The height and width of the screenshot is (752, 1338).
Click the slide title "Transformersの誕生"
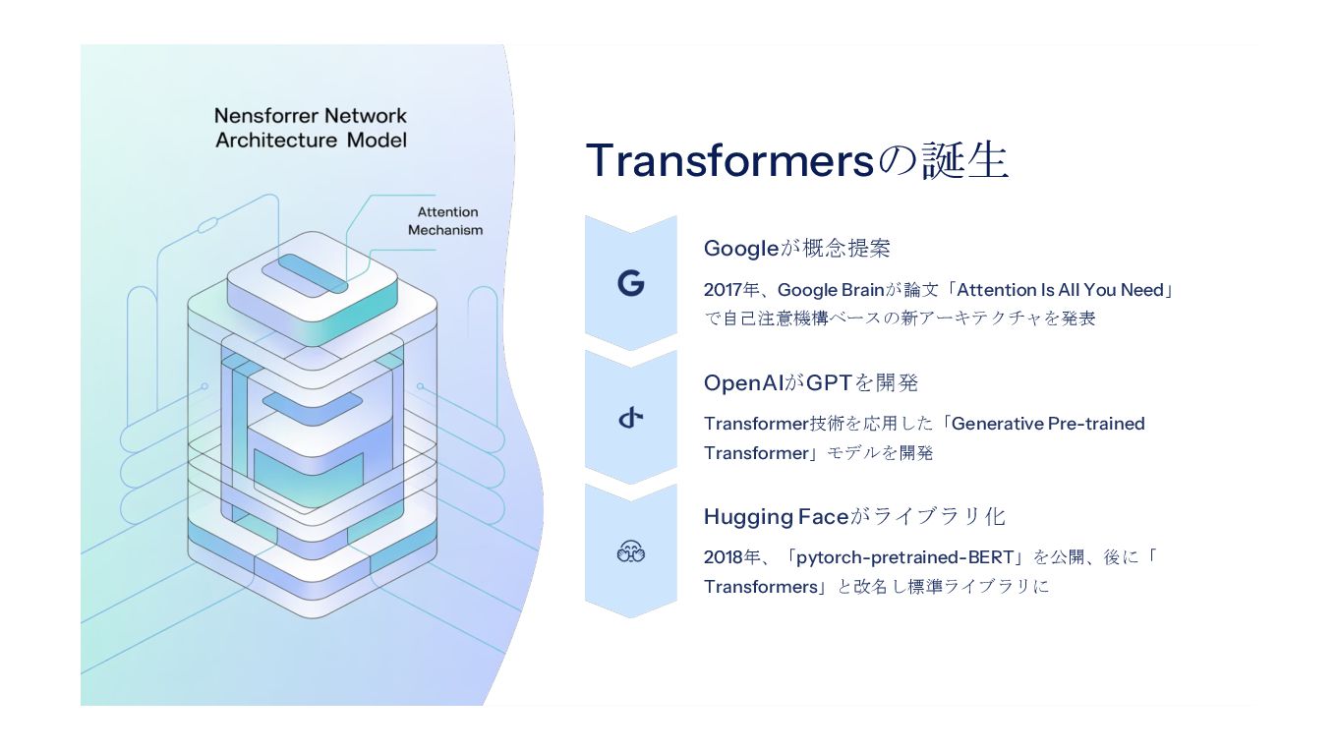pos(796,161)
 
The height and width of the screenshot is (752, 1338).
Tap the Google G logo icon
pos(631,284)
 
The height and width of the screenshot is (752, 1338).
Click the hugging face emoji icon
pos(631,552)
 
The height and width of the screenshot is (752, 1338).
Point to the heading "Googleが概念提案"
pos(796,249)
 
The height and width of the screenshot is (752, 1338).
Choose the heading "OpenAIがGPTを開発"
pos(810,382)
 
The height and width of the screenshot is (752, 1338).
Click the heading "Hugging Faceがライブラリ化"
pos(853,516)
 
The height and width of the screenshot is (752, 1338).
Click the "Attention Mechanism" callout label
pos(446,221)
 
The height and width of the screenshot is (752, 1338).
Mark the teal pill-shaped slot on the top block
pos(312,274)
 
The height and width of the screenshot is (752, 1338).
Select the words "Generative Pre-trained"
pos(1048,424)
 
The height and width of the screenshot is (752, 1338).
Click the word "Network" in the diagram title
pos(366,116)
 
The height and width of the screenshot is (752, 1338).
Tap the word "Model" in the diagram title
pos(377,140)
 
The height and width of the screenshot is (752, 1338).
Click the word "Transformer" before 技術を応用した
pos(756,424)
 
